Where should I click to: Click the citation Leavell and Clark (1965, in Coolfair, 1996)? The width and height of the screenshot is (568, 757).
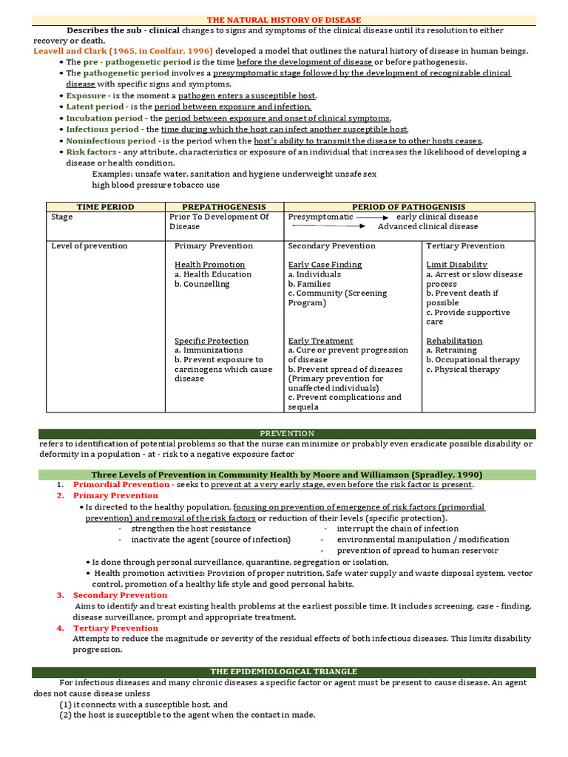123,51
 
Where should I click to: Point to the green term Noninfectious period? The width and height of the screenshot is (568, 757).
111,140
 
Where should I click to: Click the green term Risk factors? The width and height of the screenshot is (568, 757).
91,152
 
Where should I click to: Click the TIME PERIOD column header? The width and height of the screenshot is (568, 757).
105,207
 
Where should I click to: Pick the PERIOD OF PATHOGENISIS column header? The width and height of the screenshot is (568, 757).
408,207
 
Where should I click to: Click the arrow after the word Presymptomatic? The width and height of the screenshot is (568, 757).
373,217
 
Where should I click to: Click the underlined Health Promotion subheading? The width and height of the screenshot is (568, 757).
209,265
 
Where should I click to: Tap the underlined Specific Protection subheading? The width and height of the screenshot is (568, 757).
212,341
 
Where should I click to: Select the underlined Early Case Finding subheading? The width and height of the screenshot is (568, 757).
325,265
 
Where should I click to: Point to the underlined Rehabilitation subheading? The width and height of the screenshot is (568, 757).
454,341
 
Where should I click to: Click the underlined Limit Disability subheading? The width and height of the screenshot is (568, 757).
456,265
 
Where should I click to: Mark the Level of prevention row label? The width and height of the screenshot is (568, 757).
89,246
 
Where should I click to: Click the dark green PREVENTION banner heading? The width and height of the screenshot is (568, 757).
287,433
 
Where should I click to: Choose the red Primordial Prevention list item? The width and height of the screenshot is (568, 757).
121,484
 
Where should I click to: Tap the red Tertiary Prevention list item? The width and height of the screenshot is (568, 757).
115,628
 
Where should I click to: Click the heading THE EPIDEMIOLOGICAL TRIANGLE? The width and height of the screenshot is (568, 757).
283,671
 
